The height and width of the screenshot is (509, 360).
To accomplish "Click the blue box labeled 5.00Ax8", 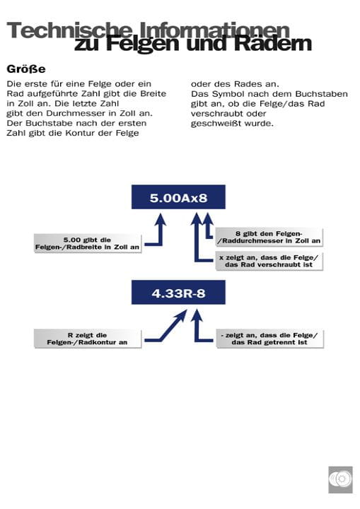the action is coord(178,197).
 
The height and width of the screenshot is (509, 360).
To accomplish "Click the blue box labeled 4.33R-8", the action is coord(178,292).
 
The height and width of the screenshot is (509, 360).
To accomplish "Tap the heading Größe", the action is coord(26,69).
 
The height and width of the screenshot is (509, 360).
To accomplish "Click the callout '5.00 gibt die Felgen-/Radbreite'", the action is coord(88,242).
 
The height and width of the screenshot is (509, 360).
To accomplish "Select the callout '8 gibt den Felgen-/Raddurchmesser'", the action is coord(269,237).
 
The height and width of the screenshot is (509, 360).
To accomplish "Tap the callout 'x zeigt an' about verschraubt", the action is coord(269,261).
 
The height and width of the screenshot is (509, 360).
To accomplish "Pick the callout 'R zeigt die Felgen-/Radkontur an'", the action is coord(88,338).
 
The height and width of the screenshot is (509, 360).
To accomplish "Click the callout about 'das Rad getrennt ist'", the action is coord(269,338).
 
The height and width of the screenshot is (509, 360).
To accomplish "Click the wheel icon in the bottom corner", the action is coord(340,479).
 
